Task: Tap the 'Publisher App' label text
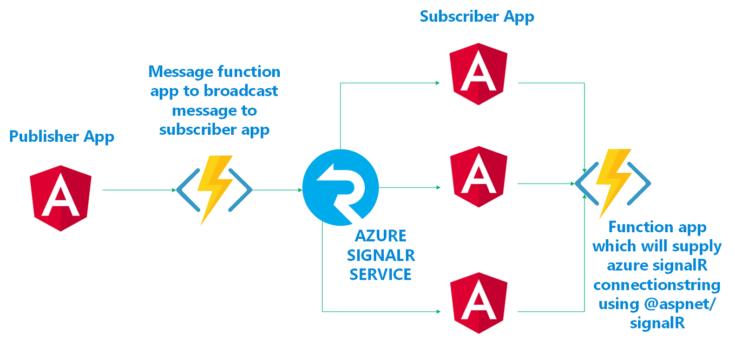pos(62,136)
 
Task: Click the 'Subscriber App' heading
pos(477,16)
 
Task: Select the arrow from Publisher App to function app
pos(138,190)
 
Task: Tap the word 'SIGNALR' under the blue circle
pos(380,255)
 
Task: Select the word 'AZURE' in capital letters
pos(380,236)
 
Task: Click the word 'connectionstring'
pos(657,284)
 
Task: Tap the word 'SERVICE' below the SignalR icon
pos(380,274)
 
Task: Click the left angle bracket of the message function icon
pos(185,189)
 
